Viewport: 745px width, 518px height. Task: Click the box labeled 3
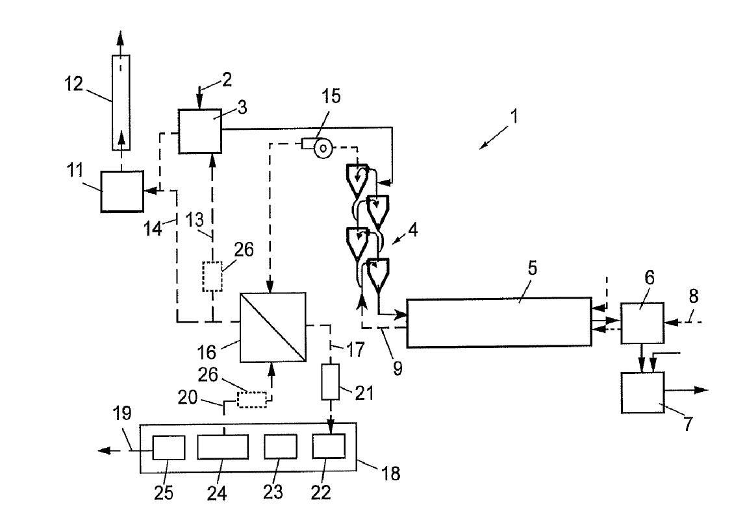(x=200, y=131)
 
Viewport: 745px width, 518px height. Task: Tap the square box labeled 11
(x=123, y=191)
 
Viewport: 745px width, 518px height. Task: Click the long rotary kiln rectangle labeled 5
(x=498, y=323)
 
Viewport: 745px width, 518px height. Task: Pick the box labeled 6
(x=642, y=323)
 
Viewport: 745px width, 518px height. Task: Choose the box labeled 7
(x=642, y=393)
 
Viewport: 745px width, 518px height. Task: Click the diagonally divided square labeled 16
(x=273, y=328)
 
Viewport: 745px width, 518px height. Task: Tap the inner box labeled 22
(x=329, y=448)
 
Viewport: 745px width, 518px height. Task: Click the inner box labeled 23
(x=281, y=448)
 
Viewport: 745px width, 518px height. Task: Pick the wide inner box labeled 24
(x=223, y=449)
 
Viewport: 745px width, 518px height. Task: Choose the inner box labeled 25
(x=168, y=448)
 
